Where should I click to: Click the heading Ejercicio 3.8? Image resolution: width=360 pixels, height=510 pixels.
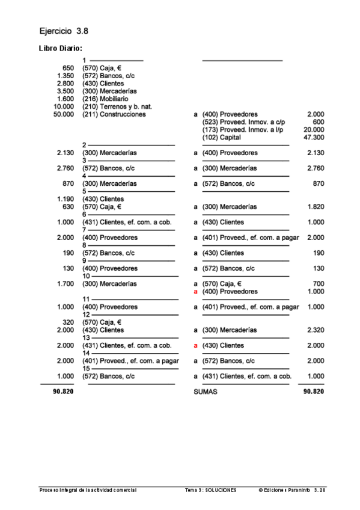63,30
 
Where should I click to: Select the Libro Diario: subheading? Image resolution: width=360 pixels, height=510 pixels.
60,48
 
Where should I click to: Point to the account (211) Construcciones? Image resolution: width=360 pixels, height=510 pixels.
114,114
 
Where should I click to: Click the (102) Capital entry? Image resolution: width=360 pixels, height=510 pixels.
222,137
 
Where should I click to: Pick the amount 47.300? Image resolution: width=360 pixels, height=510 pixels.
314,137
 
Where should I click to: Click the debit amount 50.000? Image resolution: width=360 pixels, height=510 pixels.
64,114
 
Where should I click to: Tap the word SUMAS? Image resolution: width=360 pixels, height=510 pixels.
205,392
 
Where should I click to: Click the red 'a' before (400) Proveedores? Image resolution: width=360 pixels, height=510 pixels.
195,292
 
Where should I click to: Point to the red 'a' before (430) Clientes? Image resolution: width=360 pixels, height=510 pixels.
195,346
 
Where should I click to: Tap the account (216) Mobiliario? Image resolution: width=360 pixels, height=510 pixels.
105,99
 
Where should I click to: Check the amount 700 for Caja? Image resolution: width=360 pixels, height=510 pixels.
319,284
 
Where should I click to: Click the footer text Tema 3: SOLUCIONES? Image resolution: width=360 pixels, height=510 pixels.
210,490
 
